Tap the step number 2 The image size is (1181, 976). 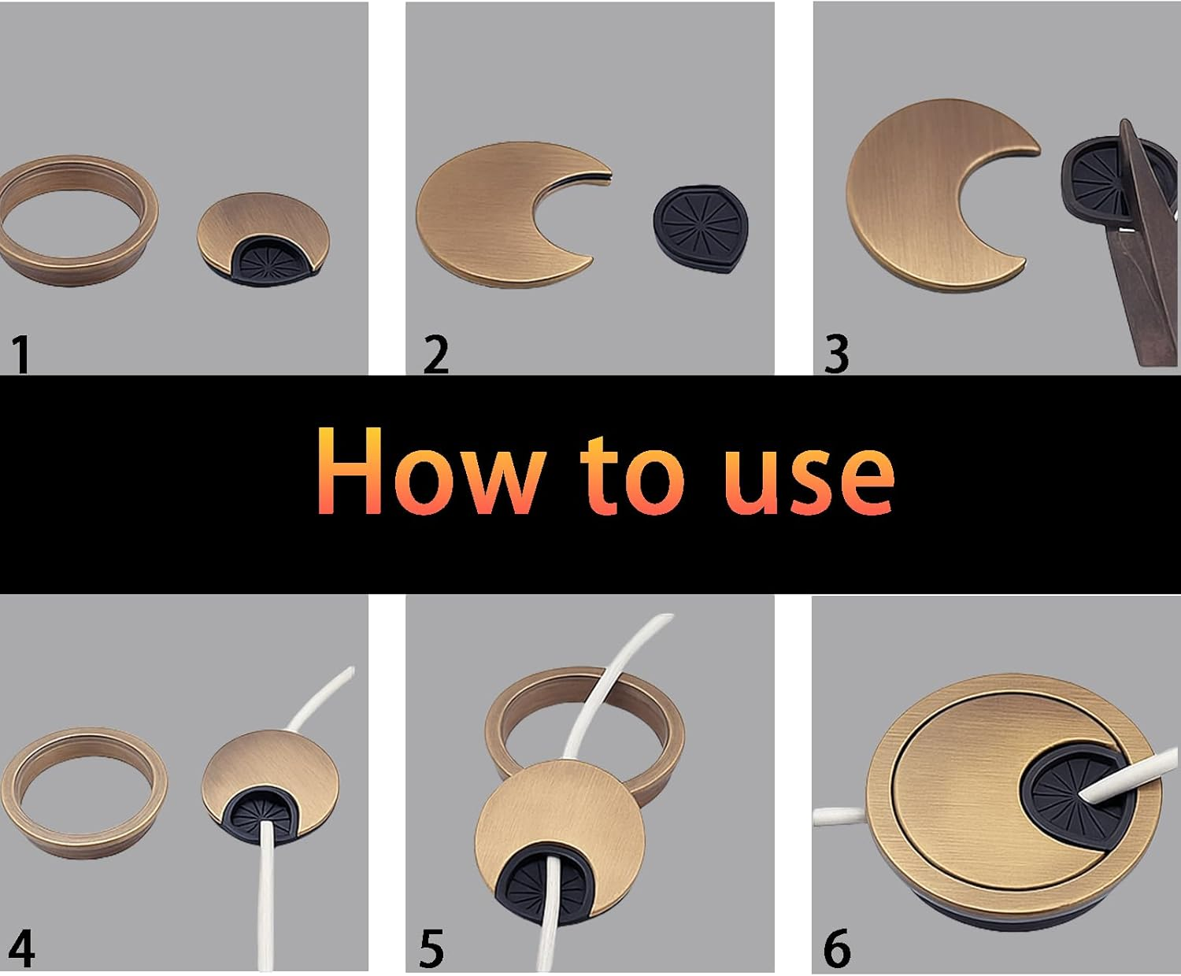[x=435, y=356]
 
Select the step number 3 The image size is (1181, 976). [x=836, y=356]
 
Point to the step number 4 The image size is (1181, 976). [x=21, y=949]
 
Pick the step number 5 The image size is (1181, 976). [x=431, y=949]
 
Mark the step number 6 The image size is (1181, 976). [x=837, y=949]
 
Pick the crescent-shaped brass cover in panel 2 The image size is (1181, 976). [x=480, y=213]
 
